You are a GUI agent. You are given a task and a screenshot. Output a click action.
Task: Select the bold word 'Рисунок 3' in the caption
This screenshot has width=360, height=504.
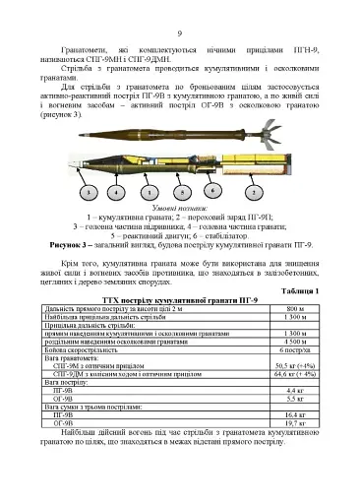[x=79, y=243]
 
